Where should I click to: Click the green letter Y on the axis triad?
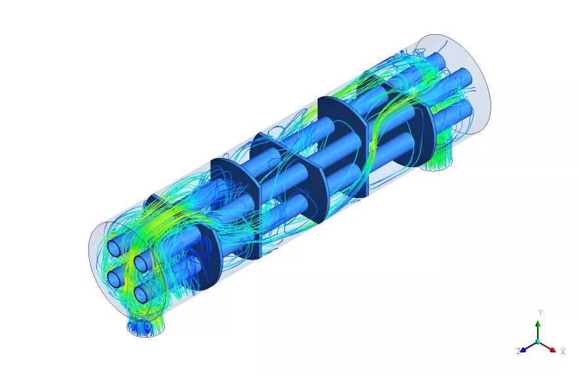tap(540, 313)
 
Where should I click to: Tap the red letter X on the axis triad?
tap(563, 351)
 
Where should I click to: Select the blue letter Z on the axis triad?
tap(518, 351)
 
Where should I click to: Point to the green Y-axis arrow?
tap(538, 330)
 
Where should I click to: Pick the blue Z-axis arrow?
tap(529, 347)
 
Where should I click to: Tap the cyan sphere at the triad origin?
tap(538, 342)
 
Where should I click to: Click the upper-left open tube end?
tap(115, 248)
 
